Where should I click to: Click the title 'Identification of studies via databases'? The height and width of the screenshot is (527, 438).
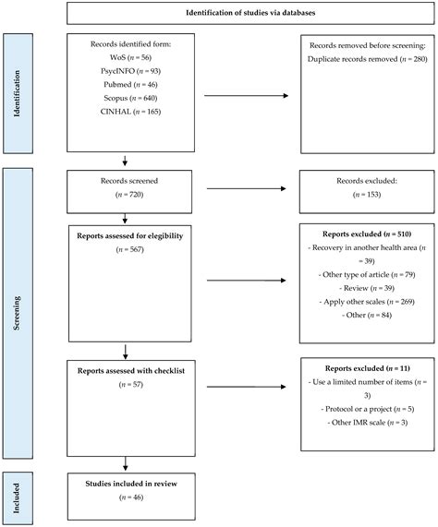click(249, 14)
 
